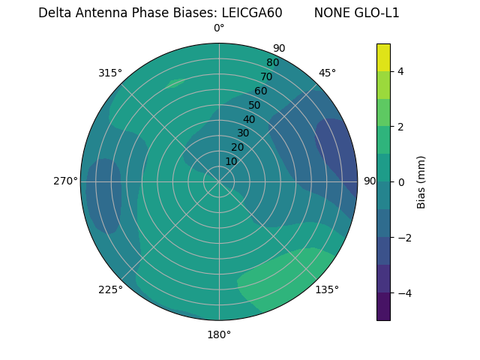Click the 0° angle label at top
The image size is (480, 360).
coord(219,28)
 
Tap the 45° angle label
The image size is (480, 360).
coord(327,73)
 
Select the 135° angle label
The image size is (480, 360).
coord(327,289)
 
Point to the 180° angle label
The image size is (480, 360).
coord(219,334)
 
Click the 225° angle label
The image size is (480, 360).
coord(110,289)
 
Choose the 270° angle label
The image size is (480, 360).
coord(65,181)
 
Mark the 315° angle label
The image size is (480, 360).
coord(110,73)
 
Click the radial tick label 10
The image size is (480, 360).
coord(231,161)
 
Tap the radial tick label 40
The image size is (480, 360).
coord(249,119)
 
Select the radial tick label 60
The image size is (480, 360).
coord(261,91)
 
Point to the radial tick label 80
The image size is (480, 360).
coord(272,63)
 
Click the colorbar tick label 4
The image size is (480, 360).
coord(401,71)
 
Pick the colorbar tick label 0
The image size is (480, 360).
coord(401,182)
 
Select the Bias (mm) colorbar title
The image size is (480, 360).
coord(421,182)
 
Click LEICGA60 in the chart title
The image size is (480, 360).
coord(252,13)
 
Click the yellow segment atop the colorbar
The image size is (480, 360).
coord(383,57)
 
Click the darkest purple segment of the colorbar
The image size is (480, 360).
coord(383,307)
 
